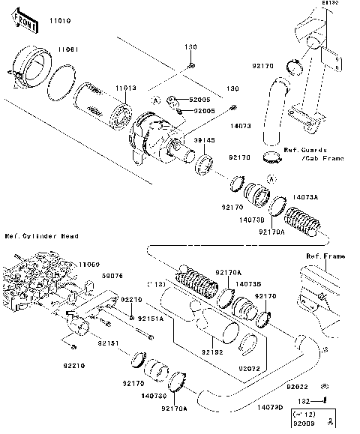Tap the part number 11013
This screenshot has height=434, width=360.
(125, 88)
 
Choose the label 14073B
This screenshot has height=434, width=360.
(247, 284)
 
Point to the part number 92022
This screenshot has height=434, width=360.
(297, 388)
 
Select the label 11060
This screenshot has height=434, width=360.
(89, 264)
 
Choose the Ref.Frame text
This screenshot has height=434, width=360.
(325, 256)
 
